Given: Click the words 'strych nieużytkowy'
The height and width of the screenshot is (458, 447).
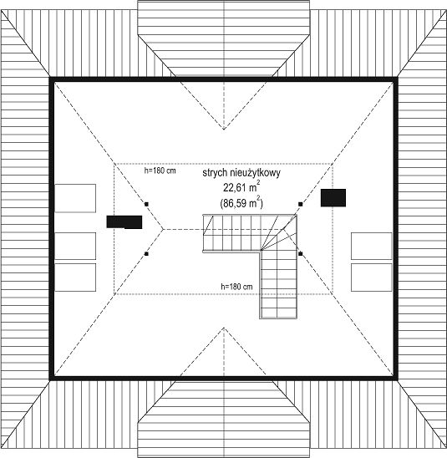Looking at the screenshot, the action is pos(241,173).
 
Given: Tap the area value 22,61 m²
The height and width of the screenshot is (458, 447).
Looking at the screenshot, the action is pos(241,187).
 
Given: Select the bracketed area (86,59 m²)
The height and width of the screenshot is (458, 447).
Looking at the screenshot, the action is pos(241,202).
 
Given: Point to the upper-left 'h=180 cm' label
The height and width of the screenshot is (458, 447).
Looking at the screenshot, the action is pos(160,170).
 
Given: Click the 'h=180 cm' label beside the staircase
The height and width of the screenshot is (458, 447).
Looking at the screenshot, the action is pos(236,287).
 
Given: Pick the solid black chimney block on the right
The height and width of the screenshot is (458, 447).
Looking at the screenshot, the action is pos(333,198).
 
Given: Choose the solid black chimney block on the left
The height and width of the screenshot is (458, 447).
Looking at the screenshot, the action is pos(124,222).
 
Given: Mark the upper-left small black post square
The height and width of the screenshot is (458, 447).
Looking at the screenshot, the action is pos(146,204).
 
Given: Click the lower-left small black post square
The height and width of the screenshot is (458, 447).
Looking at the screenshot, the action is pos(146,254).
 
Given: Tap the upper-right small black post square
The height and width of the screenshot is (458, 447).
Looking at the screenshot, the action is pos(301,204).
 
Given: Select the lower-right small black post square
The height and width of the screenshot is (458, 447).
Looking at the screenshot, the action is pos(301,254).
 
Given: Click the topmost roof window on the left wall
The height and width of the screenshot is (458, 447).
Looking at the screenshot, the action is pos(75,198).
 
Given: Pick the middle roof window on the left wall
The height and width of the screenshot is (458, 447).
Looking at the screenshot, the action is pos(75,246).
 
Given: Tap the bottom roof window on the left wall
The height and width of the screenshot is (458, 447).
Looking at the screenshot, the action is pos(75,277).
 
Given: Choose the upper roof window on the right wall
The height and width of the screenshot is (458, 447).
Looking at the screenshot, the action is pos(371,246).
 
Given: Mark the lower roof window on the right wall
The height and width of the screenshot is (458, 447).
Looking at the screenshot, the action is pos(371,277).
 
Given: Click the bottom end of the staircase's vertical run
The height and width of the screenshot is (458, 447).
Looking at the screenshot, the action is pos(278,318).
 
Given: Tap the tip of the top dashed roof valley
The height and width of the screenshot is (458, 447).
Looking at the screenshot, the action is pos(224,129).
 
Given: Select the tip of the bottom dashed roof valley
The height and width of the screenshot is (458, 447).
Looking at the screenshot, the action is pos(224,328).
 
